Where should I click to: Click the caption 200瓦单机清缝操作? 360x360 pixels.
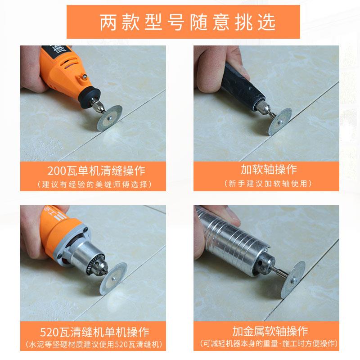(93, 171)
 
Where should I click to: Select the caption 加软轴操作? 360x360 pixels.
(268, 170)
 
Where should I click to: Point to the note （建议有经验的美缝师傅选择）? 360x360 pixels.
(93, 184)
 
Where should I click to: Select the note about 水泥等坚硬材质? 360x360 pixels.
(93, 346)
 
